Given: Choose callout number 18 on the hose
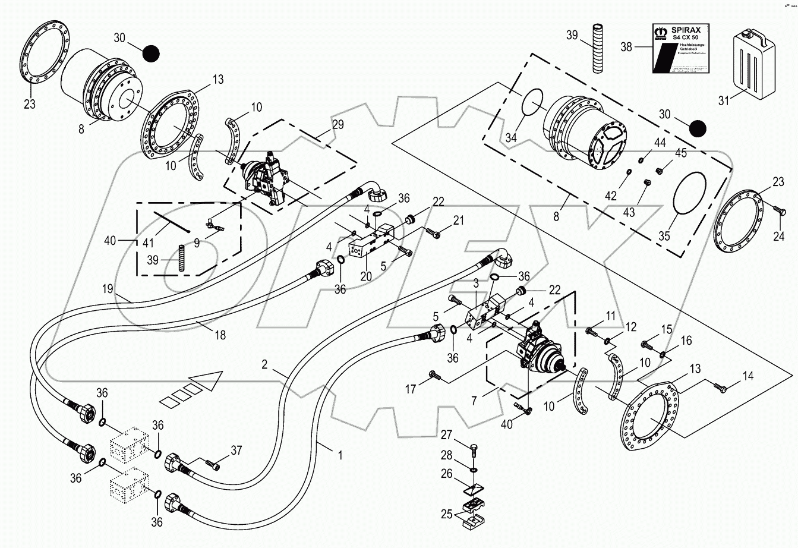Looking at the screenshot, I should coord(220,335).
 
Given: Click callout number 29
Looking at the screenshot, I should coord(338,125).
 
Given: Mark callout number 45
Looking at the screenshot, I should coord(680,153).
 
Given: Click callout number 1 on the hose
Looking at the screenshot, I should coord(340,456).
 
